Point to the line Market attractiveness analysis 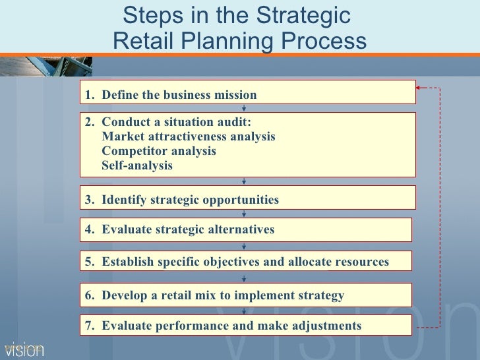tap(189, 136)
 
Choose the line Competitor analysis tap(159, 151)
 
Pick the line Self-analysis tap(137, 165)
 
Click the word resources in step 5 tap(359, 262)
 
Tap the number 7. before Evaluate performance tap(89, 325)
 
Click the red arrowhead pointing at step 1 tap(419, 87)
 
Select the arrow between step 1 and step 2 tap(245, 107)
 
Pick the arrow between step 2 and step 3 tap(245, 181)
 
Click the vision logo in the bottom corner tap(24, 349)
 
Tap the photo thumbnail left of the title tap(46, 66)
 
